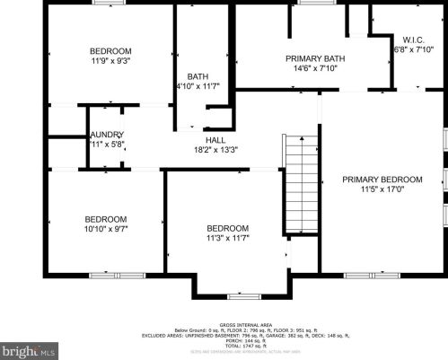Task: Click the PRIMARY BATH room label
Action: click(310, 57)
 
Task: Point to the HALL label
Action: click(215, 140)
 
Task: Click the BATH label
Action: click(198, 76)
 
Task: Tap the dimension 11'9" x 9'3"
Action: click(110, 61)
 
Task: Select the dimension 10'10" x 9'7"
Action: click(106, 229)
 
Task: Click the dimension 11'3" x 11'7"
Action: click(227, 238)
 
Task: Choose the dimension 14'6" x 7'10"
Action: click(310, 68)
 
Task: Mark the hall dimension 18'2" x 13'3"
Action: click(215, 150)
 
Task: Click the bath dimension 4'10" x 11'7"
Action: click(198, 86)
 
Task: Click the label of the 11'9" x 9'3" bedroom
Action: click(110, 50)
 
